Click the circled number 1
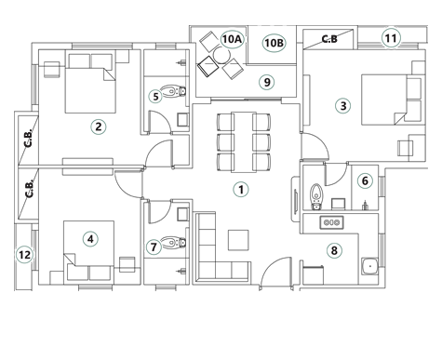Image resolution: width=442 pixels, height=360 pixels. (x=241, y=190)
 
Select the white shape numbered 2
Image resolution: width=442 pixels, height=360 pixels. (x=98, y=127)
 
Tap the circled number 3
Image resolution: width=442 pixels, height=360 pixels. (x=342, y=106)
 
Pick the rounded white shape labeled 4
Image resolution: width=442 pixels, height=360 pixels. (x=89, y=239)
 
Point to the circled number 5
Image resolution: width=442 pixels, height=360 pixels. (x=155, y=96)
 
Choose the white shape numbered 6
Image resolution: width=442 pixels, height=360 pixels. (x=365, y=180)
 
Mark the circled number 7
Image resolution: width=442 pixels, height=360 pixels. (x=154, y=247)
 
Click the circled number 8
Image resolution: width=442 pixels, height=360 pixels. (x=333, y=251)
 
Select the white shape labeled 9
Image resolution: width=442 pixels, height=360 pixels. (x=266, y=83)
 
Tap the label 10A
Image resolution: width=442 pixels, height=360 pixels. (x=232, y=39)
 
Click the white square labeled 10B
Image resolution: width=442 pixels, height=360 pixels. (x=273, y=44)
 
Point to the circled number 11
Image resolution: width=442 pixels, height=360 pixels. (x=391, y=38)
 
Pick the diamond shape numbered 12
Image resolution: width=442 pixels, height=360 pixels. (x=24, y=255)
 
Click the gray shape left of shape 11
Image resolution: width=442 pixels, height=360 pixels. (x=329, y=39)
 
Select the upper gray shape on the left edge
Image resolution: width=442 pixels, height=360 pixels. (x=28, y=139)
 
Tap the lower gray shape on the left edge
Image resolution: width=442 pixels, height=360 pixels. (x=29, y=189)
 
